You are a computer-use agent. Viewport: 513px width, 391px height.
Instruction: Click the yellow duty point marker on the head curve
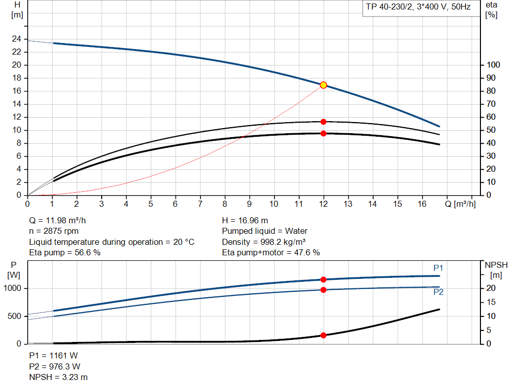[x=323, y=85]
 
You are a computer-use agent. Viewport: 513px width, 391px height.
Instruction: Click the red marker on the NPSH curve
[x=323, y=335]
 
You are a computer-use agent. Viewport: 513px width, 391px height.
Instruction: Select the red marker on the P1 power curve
[x=323, y=279]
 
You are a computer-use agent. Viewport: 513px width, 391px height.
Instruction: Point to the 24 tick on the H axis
[x=17, y=39]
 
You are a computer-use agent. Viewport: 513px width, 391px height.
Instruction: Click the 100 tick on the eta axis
[x=494, y=65]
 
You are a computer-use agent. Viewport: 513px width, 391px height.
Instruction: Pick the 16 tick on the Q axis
[x=422, y=204]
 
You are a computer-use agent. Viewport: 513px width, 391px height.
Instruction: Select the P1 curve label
[x=438, y=268]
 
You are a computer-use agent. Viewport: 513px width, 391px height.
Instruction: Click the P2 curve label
[x=438, y=292]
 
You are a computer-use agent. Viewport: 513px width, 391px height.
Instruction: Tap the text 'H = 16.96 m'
[x=245, y=220]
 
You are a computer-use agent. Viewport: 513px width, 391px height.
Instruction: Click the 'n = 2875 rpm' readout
[x=54, y=231]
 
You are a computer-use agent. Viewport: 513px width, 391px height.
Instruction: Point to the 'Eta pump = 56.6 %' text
[x=65, y=252]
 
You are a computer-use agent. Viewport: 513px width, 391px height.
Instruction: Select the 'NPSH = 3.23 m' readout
[x=59, y=377]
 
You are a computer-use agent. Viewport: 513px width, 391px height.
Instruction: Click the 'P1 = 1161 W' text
[x=54, y=355]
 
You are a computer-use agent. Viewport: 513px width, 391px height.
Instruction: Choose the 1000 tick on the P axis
[x=13, y=288]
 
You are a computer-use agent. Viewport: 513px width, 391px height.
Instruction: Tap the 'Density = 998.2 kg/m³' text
[x=264, y=242]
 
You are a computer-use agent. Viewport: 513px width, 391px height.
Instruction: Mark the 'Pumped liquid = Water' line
[x=265, y=231]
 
